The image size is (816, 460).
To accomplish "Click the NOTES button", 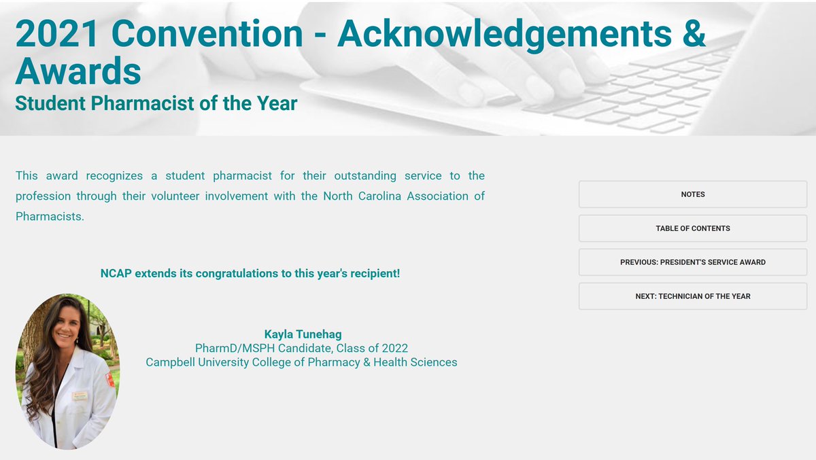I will (692, 194).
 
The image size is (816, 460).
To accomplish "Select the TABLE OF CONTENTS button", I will (692, 228).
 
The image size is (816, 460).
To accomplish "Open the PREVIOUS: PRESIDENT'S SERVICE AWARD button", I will (692, 262).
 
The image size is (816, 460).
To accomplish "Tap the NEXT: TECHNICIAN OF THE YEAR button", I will (692, 296).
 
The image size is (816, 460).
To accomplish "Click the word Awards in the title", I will (78, 70).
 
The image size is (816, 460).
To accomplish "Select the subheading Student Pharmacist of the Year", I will (156, 103).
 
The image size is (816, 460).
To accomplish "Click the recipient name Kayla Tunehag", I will (303, 334).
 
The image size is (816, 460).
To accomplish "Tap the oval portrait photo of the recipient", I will (67, 371).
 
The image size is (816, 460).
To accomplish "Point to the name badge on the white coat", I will (80, 395).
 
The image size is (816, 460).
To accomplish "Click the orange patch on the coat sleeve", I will (110, 379).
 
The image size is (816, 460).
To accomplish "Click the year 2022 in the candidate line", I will (394, 348).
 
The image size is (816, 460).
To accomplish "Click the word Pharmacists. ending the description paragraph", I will (50, 217).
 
